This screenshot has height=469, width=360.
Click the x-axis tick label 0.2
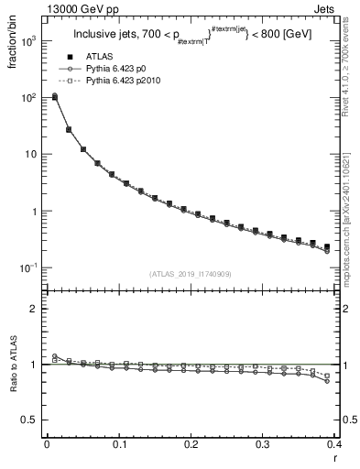pos(190,443)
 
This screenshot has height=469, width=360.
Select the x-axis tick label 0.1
pos(118,443)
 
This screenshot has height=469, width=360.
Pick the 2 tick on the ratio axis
pos(36,309)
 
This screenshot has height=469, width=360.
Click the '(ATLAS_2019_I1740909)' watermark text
pos(191,274)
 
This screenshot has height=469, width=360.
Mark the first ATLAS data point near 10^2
pos(54,97)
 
